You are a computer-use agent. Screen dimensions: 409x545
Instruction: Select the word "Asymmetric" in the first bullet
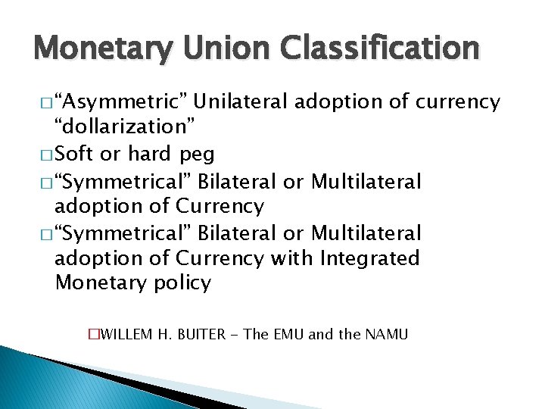tap(126, 101)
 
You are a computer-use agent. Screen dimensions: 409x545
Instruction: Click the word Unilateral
tap(244, 101)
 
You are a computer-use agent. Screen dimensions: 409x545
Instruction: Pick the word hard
tap(150, 155)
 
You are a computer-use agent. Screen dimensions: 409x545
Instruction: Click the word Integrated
tap(370, 258)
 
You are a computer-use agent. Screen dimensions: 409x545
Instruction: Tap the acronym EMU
tap(287, 334)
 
